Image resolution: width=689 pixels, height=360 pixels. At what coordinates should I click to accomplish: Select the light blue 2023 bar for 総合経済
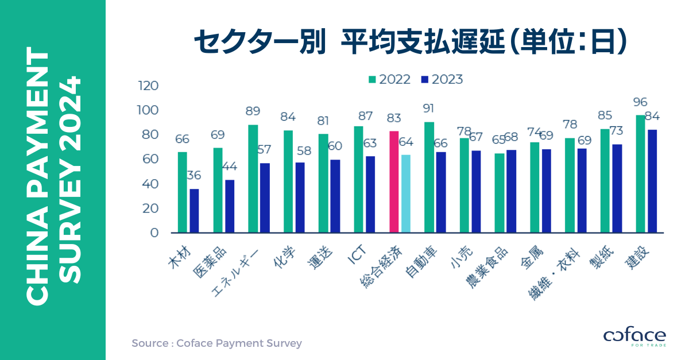pyautogui.click(x=406, y=193)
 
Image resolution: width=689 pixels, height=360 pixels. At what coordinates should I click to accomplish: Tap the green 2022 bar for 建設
pyautogui.click(x=640, y=173)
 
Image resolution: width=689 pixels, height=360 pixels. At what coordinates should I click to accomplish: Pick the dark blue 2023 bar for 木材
pyautogui.click(x=194, y=211)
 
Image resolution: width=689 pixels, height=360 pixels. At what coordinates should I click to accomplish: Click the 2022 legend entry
pyautogui.click(x=390, y=79)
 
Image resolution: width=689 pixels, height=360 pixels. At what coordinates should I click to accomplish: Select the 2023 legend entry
pyautogui.click(x=442, y=79)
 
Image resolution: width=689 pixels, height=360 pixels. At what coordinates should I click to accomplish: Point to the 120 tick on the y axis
pyautogui.click(x=148, y=86)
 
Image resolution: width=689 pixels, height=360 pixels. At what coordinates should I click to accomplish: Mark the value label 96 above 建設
pyautogui.click(x=640, y=102)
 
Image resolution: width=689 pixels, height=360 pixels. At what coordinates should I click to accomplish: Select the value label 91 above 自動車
pyautogui.click(x=429, y=109)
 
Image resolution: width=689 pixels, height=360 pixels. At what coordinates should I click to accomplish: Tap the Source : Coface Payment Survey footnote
pyautogui.click(x=216, y=343)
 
